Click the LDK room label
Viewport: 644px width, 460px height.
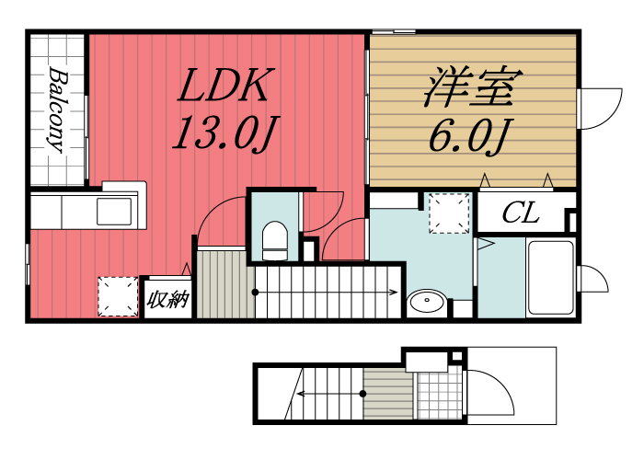pos(223,88)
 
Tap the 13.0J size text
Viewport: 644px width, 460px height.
pos(224,135)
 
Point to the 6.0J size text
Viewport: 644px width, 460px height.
pos(468,135)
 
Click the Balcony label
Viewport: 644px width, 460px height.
pos(57,109)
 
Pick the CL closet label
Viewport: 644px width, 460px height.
pos(521,215)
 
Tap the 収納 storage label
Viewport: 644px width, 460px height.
pos(167,300)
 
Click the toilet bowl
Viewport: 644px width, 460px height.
pos(274,241)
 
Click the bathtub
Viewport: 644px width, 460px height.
pos(550,276)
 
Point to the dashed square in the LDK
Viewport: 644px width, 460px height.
pos(117,296)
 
